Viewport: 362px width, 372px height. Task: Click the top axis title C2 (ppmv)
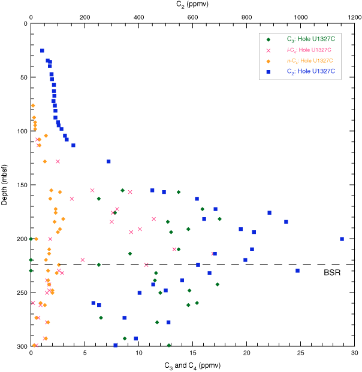tap(193, 5)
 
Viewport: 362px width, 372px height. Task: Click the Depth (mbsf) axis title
tap(5, 185)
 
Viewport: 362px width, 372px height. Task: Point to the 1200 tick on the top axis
tap(354, 17)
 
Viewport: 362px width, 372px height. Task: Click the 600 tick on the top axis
tap(193, 17)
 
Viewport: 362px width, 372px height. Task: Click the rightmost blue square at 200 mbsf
tap(342, 239)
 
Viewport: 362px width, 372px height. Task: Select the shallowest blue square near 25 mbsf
tap(42, 51)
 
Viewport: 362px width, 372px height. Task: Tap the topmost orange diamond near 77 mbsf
tap(33, 106)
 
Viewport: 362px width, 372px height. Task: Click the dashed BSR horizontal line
tap(180, 264)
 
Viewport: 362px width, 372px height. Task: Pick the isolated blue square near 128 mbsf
tap(108, 161)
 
